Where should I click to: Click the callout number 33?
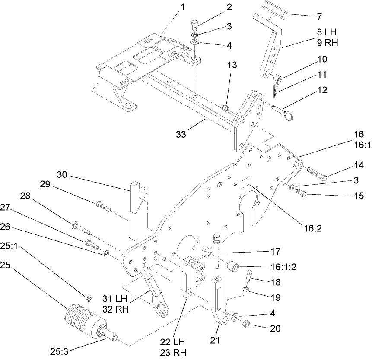click(x=181, y=135)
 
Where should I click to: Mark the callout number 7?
click(x=319, y=17)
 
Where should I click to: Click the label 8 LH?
click(x=327, y=32)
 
